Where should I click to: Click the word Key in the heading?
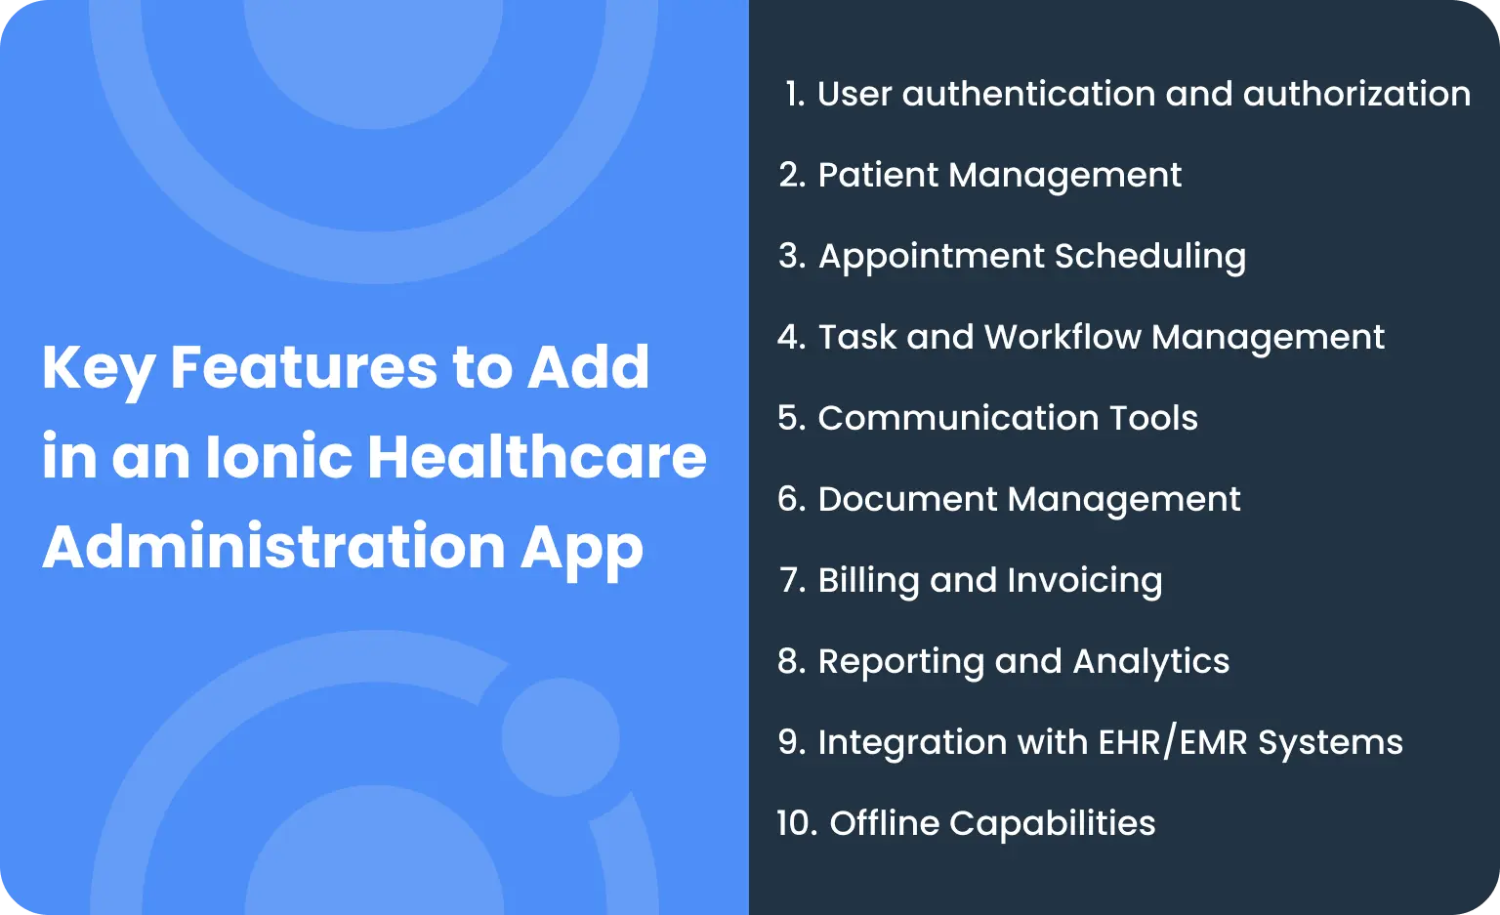[99, 369]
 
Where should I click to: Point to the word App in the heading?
[582, 548]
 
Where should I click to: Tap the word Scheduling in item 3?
[1149, 256]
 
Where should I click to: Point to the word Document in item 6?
[906, 499]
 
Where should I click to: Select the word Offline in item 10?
[884, 823]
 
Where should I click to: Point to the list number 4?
[791, 337]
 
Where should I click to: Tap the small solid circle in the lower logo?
[561, 737]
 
